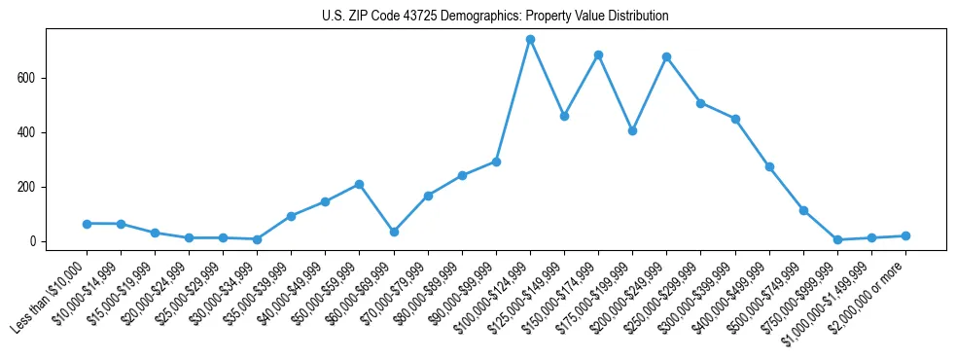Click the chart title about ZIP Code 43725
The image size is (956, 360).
click(495, 17)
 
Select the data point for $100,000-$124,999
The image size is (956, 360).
click(530, 40)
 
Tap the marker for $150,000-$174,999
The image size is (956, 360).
click(598, 55)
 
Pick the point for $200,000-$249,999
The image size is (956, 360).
click(666, 56)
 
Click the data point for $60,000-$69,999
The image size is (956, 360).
click(394, 232)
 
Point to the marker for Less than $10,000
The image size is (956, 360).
click(87, 224)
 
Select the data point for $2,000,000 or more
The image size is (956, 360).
click(905, 235)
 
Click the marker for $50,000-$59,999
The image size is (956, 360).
click(360, 184)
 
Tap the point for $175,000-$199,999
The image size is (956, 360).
click(632, 130)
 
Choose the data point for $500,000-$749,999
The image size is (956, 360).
click(803, 210)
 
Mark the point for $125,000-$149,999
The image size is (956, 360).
click(564, 116)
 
